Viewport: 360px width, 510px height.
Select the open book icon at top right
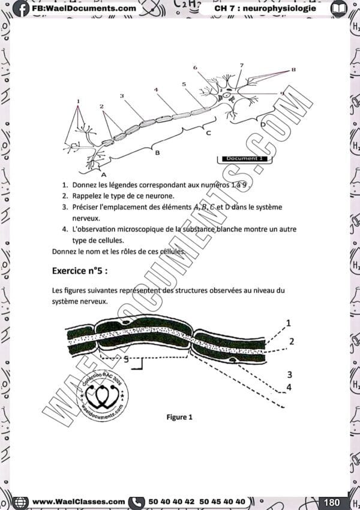click(x=339, y=8)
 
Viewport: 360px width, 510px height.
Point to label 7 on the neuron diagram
click(x=241, y=65)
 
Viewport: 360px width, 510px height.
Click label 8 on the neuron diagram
click(x=293, y=70)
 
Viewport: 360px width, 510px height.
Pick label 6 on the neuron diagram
click(x=195, y=67)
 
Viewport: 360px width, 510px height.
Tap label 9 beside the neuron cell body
click(x=282, y=93)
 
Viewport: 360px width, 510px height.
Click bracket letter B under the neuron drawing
click(x=157, y=153)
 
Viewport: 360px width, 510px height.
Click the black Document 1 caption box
click(x=244, y=158)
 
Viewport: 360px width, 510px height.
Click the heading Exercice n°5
click(x=80, y=271)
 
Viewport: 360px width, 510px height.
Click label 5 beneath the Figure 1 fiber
click(x=125, y=359)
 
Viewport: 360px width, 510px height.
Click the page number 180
click(x=332, y=502)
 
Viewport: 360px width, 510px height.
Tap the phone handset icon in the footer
click(x=137, y=502)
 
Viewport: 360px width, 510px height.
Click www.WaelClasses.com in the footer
click(x=78, y=502)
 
